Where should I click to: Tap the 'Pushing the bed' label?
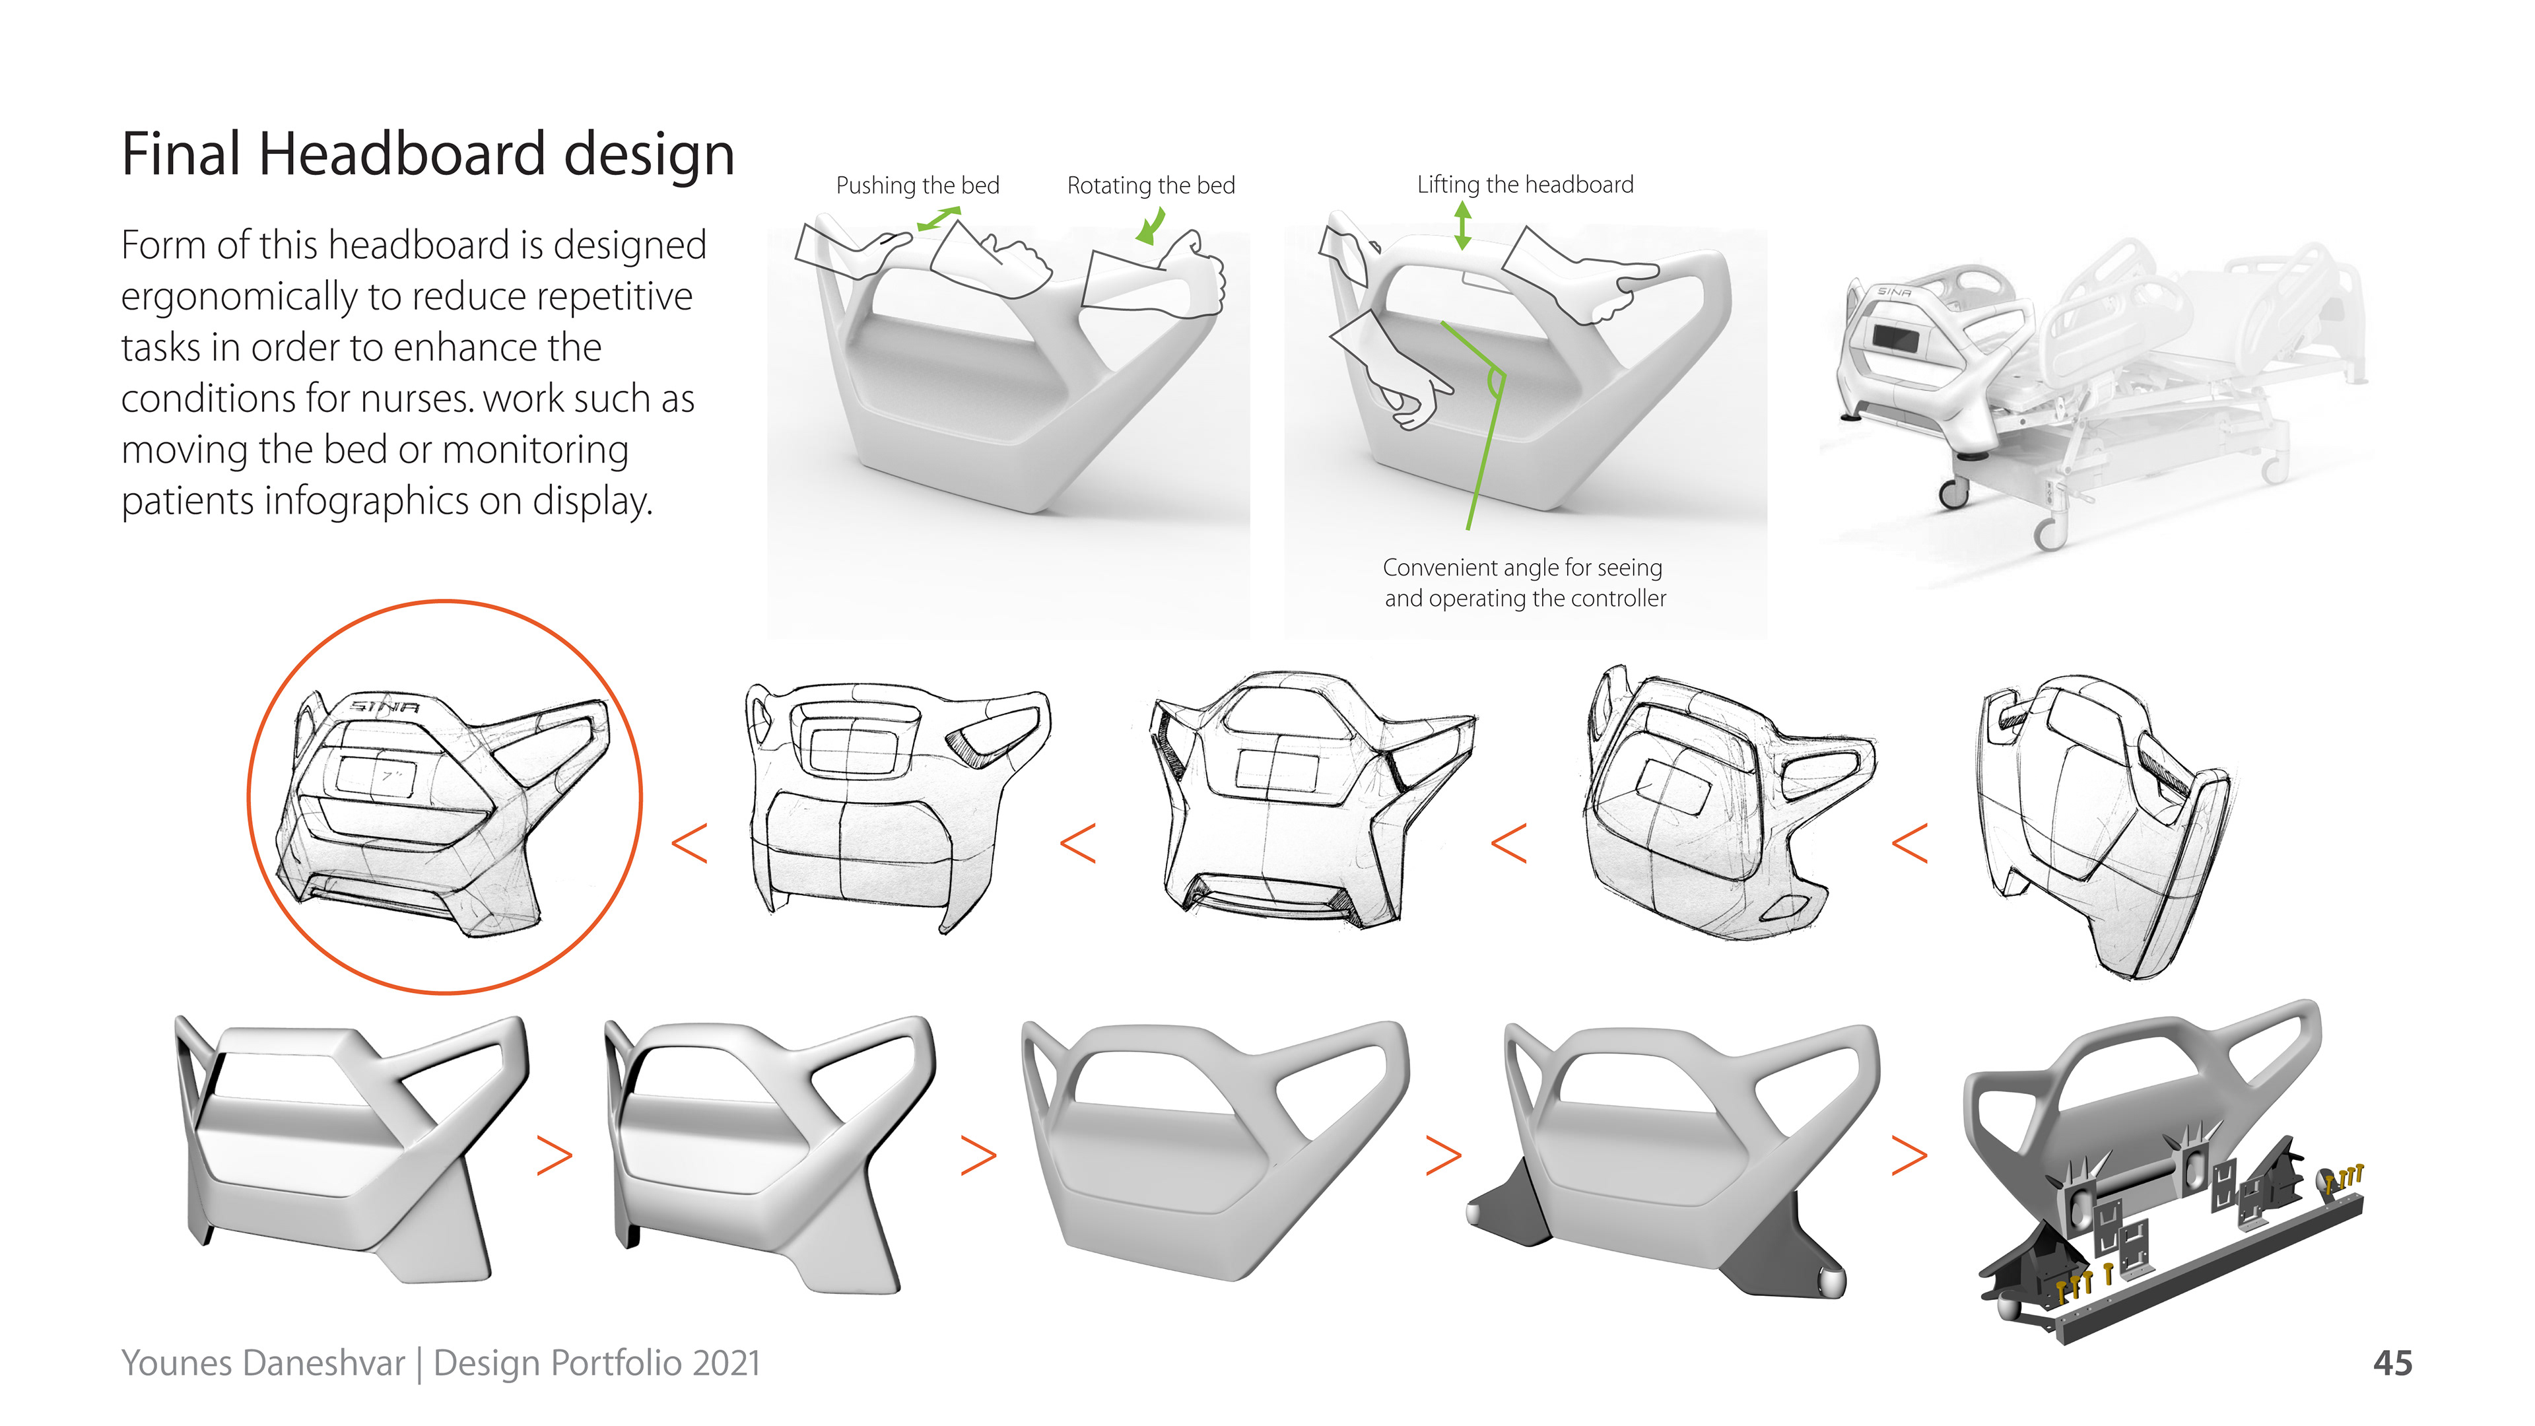point(917,185)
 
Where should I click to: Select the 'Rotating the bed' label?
point(1151,185)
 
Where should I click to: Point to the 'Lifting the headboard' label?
point(1524,184)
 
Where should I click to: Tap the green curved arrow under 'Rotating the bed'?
point(1149,228)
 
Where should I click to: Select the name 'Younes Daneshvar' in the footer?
point(263,1363)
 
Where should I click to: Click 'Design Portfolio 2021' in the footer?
point(596,1363)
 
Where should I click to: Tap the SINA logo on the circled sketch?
point(385,706)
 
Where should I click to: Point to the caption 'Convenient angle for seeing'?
point(1522,568)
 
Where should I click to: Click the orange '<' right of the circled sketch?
point(690,844)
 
